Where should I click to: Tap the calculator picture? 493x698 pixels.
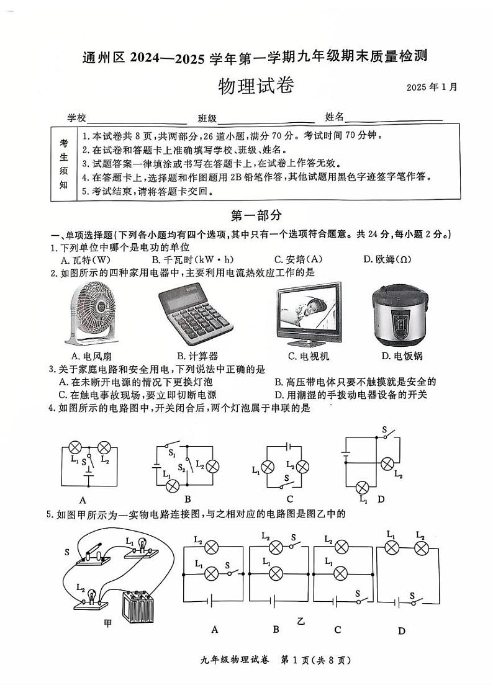tap(195, 318)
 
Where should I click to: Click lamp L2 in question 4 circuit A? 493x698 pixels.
tap(105, 447)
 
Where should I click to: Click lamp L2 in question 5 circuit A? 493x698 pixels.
tap(212, 547)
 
